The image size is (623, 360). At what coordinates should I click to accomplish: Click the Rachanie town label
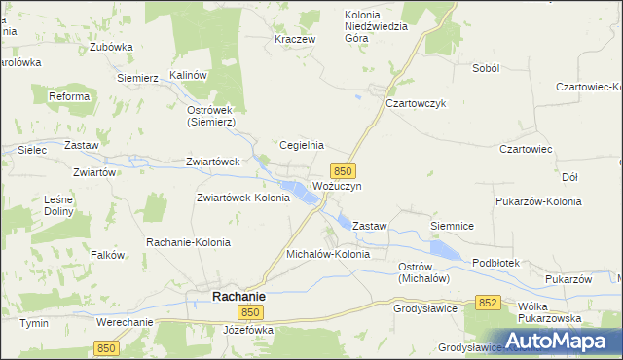239,295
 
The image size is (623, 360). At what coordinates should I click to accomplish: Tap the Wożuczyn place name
337,185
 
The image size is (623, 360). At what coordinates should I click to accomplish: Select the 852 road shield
489,304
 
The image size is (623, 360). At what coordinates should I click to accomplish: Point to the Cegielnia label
302,145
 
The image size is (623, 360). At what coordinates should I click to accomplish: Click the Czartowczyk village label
416,103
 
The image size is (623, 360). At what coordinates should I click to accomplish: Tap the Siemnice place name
452,226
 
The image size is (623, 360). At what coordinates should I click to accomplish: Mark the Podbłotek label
496,263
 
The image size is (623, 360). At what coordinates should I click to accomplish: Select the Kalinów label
190,75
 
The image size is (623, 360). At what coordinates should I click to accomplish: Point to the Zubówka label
110,46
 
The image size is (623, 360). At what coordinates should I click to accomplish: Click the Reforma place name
69,96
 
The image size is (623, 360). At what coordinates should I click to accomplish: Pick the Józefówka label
248,330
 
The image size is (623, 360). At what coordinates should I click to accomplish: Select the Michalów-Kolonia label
328,254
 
